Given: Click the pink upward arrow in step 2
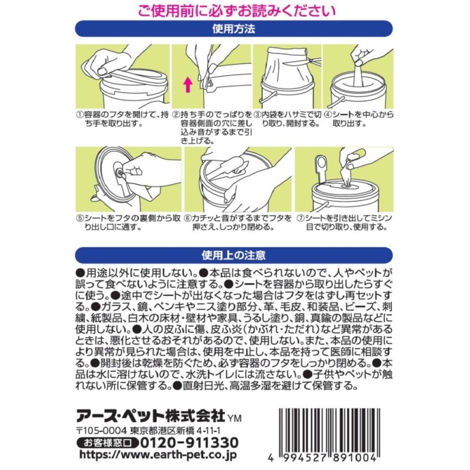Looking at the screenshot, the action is [188, 85].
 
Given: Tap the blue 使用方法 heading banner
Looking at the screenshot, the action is [234, 29].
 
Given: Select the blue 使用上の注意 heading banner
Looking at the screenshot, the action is [234, 255].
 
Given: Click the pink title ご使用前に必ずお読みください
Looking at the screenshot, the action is [237, 11].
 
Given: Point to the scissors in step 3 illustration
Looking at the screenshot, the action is [303, 63].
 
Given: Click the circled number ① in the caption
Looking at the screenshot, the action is [79, 115].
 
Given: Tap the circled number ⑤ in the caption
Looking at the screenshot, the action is [80, 218].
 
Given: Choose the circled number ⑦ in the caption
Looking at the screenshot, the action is [301, 218].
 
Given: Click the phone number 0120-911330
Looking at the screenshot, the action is [189, 442].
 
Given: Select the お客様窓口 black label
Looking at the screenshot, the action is [108, 442].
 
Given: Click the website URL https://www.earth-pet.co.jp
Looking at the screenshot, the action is [158, 455].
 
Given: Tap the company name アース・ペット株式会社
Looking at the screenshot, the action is [150, 417].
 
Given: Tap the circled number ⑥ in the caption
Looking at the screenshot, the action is [187, 218].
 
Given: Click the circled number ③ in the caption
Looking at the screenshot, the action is [257, 115].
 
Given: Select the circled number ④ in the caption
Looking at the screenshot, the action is [328, 115].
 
